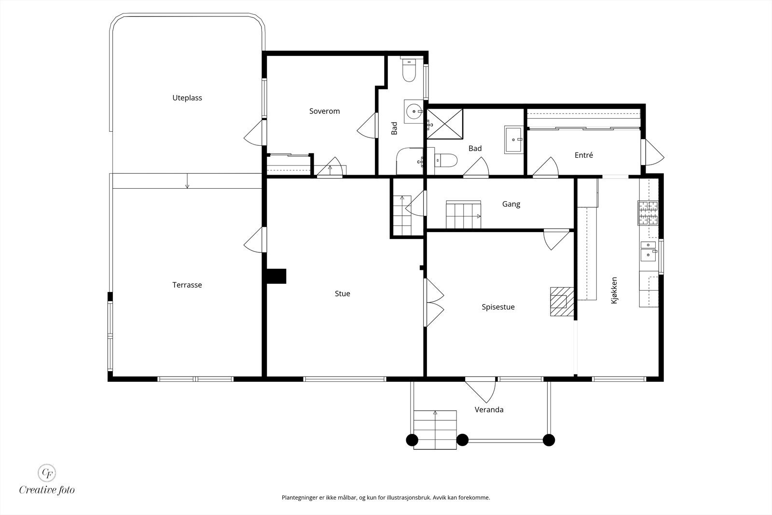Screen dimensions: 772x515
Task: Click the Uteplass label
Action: [x=187, y=98]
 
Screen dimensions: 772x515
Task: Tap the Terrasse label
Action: [x=187, y=285]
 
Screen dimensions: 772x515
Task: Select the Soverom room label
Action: [x=324, y=111]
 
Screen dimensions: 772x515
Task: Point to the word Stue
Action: [x=342, y=293]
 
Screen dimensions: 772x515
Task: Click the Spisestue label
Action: [x=498, y=307]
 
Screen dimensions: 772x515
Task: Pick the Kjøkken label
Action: [x=614, y=290]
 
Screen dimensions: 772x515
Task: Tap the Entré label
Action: [x=583, y=155]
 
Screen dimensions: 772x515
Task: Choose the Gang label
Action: [x=511, y=204]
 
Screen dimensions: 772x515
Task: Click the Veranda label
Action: [x=489, y=409]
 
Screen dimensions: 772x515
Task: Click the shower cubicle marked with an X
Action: [x=445, y=124]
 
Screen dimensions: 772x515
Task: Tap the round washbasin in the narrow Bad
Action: [x=414, y=111]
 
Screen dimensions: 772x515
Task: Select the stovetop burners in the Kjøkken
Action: [x=648, y=213]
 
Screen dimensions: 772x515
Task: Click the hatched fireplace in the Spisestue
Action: [x=562, y=302]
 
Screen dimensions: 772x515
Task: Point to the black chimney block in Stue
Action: [x=276, y=276]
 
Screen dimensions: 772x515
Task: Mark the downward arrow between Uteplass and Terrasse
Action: [x=187, y=181]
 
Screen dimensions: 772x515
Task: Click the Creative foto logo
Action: [x=47, y=480]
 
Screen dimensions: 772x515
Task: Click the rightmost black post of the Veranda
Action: [x=549, y=440]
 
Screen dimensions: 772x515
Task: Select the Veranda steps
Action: [x=435, y=430]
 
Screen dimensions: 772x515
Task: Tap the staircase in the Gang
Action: [x=464, y=215]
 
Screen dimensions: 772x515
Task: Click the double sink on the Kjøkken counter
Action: [x=648, y=251]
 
